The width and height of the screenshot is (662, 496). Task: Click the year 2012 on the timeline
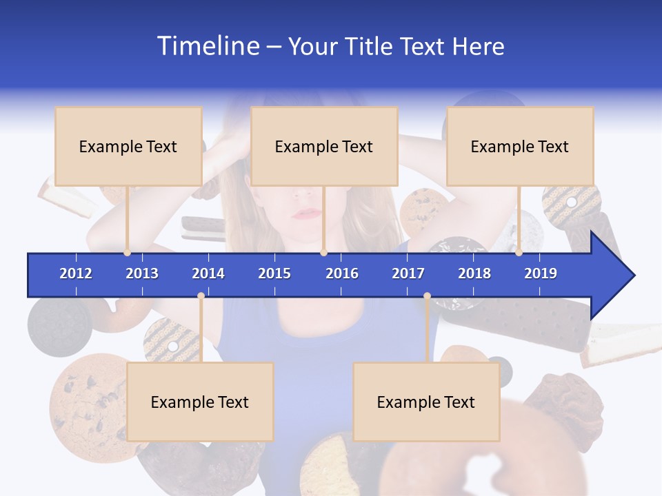[x=76, y=273]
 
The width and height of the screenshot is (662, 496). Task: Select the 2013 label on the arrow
[x=142, y=273]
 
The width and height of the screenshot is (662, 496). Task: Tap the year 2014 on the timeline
[x=208, y=273]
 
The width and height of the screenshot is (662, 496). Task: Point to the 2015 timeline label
[x=274, y=273]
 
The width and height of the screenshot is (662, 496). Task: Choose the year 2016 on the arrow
[x=342, y=273]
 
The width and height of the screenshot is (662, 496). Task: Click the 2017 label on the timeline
[x=408, y=273]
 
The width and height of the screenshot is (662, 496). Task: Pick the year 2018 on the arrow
[x=474, y=273]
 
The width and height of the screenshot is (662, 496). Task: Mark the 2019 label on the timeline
[x=541, y=273]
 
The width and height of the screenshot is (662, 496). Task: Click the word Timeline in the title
[x=208, y=46]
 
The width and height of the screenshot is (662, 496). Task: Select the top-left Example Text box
[x=128, y=146]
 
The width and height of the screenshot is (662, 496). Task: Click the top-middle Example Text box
[x=324, y=146]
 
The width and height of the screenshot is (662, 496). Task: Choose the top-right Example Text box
[x=520, y=146]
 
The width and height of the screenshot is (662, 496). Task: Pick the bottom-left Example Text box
[x=200, y=402]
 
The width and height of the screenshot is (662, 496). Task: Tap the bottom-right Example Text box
[x=426, y=402]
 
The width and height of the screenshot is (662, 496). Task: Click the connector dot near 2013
[x=128, y=253]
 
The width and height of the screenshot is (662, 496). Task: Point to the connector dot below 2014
[x=201, y=296]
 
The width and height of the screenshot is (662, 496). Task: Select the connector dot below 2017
[x=427, y=296]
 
